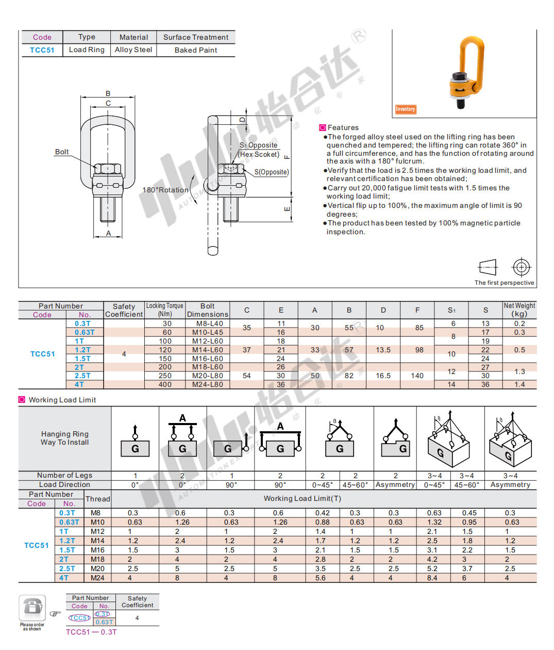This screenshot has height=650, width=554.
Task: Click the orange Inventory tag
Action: (x=406, y=109)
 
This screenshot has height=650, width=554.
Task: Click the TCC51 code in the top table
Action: (x=42, y=50)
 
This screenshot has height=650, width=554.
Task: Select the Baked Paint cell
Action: (x=196, y=50)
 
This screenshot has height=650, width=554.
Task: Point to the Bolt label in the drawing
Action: (x=62, y=152)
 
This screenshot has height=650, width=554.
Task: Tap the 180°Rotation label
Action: (x=165, y=190)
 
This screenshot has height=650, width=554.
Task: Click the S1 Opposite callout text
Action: (x=259, y=145)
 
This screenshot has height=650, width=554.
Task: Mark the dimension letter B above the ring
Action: (x=108, y=93)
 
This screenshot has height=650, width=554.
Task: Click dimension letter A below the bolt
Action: (x=109, y=233)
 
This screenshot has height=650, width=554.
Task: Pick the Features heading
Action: (x=343, y=127)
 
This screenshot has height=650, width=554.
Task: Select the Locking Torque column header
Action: (x=165, y=310)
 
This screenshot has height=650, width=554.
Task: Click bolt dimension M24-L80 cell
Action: (x=208, y=384)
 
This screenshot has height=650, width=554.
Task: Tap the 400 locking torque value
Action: (x=165, y=384)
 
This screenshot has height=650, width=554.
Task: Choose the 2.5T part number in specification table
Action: (x=82, y=376)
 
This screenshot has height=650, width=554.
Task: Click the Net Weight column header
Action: (x=519, y=310)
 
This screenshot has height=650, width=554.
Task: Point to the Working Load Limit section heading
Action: (x=62, y=400)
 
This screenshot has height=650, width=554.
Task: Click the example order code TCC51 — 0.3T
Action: (x=91, y=632)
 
